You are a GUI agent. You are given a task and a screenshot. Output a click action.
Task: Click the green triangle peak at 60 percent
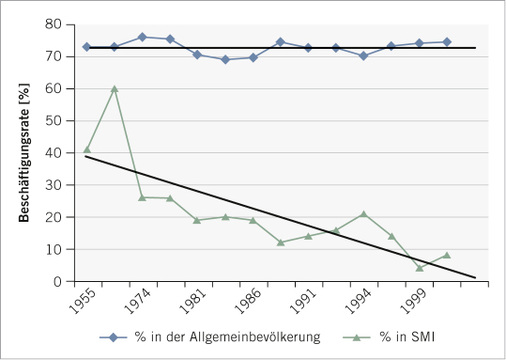(x=114, y=88)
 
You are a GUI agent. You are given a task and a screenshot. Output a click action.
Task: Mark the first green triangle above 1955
(x=87, y=149)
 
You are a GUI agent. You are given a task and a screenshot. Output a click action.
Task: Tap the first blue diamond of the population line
(x=87, y=47)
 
